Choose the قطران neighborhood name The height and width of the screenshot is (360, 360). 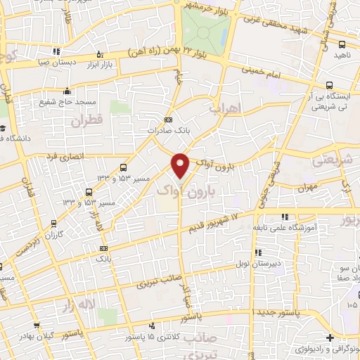tap(86, 121)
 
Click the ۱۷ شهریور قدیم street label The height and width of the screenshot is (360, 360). tap(215, 224)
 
